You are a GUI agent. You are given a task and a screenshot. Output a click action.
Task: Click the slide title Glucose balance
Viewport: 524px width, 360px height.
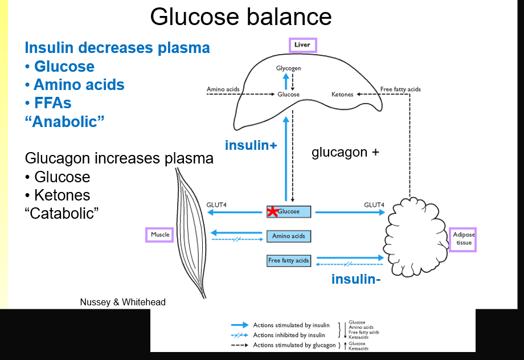click(x=240, y=17)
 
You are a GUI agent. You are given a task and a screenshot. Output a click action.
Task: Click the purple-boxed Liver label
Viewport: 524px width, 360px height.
click(x=302, y=44)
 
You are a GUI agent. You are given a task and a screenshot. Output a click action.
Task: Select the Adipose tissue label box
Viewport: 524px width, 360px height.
click(x=463, y=238)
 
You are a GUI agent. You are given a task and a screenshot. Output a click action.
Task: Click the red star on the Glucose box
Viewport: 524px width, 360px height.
click(x=272, y=211)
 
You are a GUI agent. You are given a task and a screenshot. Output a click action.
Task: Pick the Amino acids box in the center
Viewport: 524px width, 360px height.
click(x=289, y=236)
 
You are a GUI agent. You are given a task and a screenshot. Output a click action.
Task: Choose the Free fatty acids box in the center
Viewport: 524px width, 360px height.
click(x=289, y=261)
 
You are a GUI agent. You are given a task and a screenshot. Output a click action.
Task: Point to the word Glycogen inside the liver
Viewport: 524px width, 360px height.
click(x=288, y=68)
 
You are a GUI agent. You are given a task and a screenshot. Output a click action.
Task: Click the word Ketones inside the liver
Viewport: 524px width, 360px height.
click(x=342, y=94)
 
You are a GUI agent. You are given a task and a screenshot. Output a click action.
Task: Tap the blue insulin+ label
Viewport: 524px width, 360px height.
click(x=251, y=145)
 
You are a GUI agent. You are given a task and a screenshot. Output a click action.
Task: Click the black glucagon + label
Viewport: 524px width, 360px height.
click(x=345, y=153)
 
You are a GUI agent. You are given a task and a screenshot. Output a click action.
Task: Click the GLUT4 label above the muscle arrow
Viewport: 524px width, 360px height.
click(x=217, y=204)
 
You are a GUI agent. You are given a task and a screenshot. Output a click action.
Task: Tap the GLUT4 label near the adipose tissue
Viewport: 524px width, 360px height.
click(x=374, y=204)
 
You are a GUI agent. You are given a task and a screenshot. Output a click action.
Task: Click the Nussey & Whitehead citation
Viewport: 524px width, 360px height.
click(x=122, y=302)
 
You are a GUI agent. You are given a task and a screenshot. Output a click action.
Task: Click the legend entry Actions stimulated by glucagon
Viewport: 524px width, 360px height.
click(x=294, y=345)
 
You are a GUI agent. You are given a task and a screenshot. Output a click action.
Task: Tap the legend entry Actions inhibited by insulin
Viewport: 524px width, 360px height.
click(x=289, y=336)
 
